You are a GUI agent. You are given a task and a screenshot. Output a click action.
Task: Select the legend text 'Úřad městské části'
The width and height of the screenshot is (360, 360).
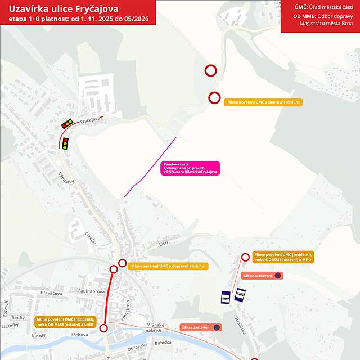(332, 7)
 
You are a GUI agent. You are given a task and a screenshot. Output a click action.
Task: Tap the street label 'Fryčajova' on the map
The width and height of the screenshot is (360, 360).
(89, 120)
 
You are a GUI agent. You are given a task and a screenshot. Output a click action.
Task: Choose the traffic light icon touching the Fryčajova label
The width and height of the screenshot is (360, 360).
(68, 122)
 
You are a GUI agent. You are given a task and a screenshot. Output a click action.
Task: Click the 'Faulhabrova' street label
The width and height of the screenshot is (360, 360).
(92, 291)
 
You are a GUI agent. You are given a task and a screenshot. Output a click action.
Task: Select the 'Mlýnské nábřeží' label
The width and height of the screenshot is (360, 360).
(154, 327)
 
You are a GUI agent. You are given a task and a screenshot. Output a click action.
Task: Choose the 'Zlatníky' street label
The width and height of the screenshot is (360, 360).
(11, 325)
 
